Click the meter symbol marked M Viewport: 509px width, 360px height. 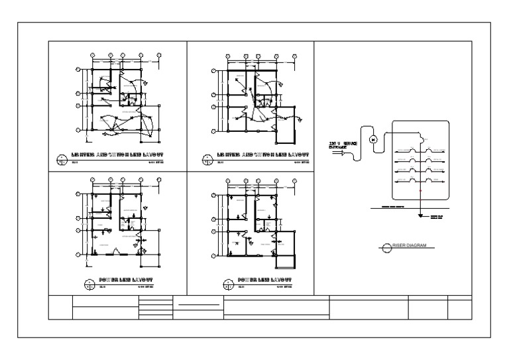pos(373,139)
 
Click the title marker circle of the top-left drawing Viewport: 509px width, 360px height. pos(62,158)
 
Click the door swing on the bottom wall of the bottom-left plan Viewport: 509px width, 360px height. pos(115,251)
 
